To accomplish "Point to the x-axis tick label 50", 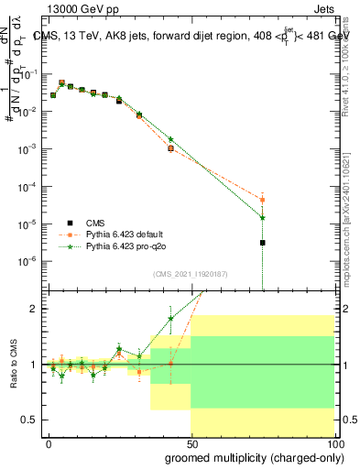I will (x=191, y=442).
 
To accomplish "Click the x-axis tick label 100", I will (x=333, y=442).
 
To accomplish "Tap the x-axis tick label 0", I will (x=49, y=442).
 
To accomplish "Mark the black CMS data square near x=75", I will (x=262, y=243).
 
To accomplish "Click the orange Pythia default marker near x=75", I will (x=262, y=200).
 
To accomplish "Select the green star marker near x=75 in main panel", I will (x=262, y=217).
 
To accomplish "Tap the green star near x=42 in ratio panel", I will (x=170, y=319).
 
